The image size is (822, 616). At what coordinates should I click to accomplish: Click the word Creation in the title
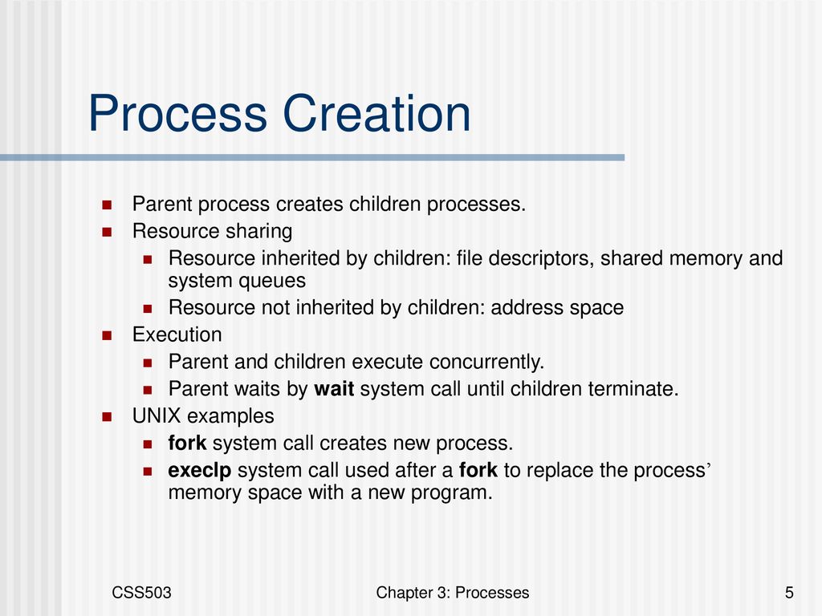(376, 113)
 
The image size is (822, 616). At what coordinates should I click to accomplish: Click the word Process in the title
(177, 113)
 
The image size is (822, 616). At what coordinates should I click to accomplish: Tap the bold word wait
(334, 389)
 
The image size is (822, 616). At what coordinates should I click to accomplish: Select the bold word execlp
(200, 470)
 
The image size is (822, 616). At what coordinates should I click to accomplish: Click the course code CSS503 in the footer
(141, 593)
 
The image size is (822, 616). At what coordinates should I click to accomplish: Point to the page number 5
(789, 593)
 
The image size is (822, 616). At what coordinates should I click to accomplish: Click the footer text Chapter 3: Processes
(453, 593)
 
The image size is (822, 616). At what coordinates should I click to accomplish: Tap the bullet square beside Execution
(107, 335)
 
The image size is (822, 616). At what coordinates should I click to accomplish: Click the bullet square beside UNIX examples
(107, 417)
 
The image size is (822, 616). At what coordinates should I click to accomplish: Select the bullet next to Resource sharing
(107, 232)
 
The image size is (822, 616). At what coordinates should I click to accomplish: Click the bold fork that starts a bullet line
(187, 443)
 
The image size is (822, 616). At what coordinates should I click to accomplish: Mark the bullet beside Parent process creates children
(107, 205)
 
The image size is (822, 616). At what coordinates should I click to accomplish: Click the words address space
(557, 308)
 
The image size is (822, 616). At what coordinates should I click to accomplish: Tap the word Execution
(177, 334)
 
